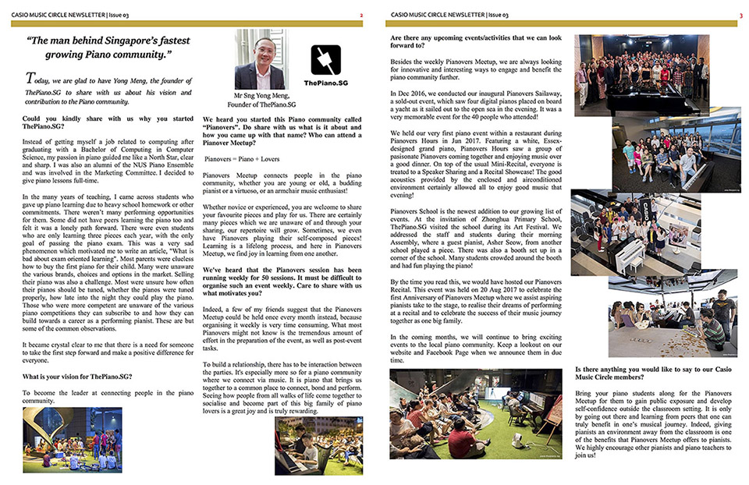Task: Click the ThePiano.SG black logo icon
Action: (325, 60)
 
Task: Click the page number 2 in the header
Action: (360, 15)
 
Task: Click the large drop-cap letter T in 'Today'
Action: (30, 78)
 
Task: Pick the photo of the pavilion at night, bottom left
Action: (72, 440)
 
